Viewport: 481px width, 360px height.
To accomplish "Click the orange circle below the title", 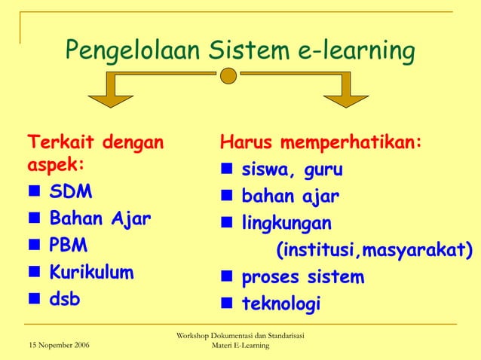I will [229, 75].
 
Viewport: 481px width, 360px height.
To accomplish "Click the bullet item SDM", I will [71, 192].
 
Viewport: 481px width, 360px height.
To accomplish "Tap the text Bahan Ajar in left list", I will [100, 219].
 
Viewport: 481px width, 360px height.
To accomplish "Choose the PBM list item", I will [69, 246].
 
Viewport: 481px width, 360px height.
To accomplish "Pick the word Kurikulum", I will [91, 272].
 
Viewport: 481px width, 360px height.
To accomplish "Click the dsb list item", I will [65, 298].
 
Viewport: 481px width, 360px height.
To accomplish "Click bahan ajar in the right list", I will [290, 197].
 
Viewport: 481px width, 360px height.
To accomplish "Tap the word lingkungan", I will [286, 224].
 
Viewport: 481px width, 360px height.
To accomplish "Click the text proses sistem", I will [302, 277].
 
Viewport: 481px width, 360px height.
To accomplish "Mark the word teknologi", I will [280, 304].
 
